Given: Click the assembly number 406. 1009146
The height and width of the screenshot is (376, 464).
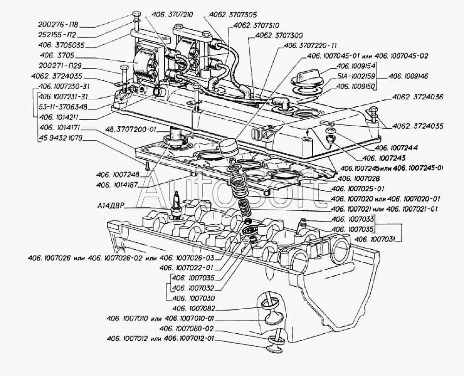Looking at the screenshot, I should (408, 76).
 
